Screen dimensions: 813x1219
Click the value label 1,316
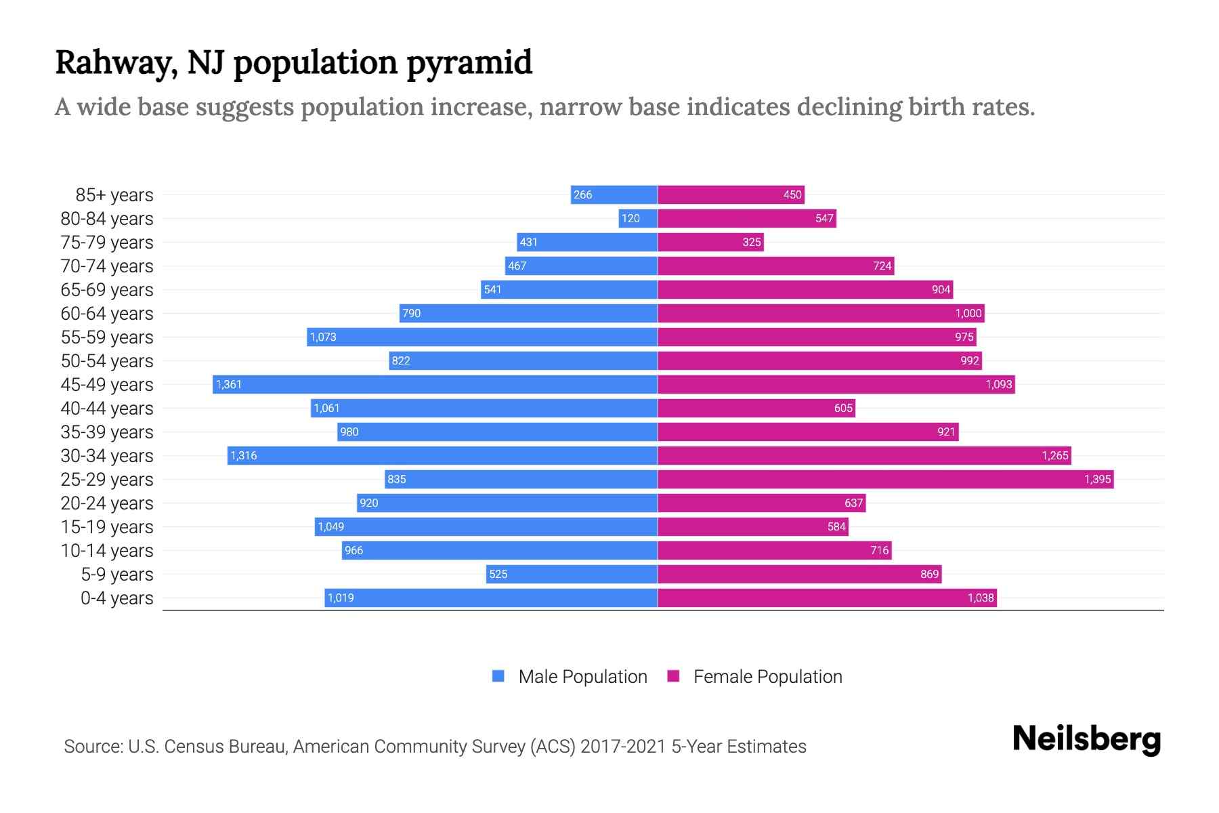click(244, 455)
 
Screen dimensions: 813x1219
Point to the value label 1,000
click(968, 313)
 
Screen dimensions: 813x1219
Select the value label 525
click(498, 574)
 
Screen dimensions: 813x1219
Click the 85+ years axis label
click(114, 195)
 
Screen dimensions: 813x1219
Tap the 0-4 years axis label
click(116, 598)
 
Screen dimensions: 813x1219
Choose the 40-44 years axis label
click(107, 409)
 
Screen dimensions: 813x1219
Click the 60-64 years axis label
click(107, 314)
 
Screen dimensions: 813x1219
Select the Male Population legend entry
click(582, 676)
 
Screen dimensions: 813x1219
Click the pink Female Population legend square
click(673, 676)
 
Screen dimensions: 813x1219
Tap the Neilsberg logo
click(1086, 738)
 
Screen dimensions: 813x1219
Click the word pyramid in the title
click(469, 63)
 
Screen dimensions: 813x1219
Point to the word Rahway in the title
click(116, 63)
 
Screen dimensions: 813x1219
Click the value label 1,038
click(981, 598)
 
